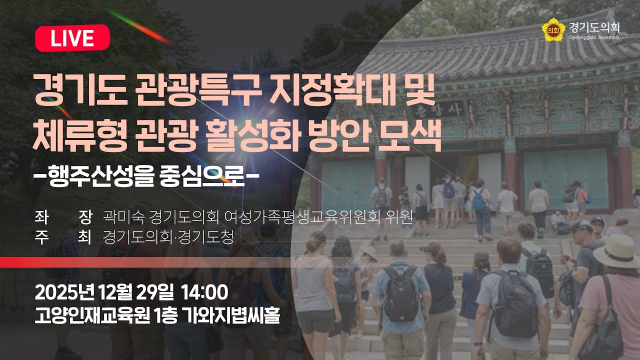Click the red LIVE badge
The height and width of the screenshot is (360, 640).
(72, 38)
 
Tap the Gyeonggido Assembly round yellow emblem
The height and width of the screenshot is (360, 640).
(552, 29)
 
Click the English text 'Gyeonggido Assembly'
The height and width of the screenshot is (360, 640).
(594, 37)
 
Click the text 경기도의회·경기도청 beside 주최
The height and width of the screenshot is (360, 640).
(168, 236)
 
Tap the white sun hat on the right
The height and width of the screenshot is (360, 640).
(617, 250)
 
